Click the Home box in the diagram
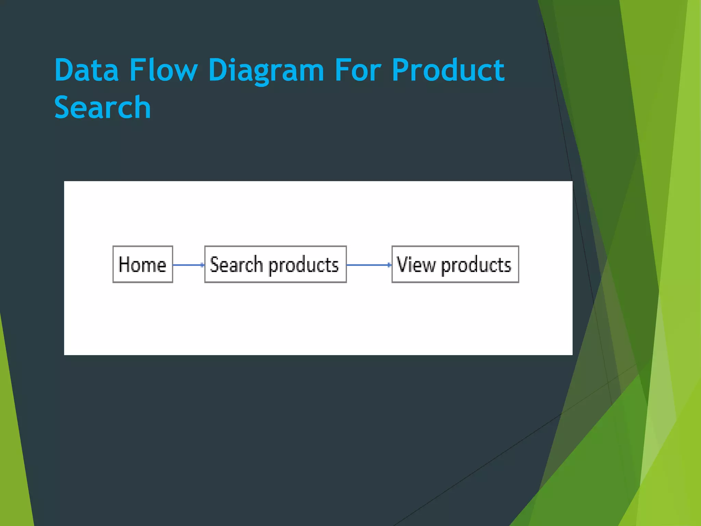click(x=143, y=264)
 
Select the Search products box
click(x=275, y=264)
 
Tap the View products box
click(x=455, y=264)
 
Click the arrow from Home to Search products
click(x=188, y=265)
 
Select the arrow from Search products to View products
click(x=368, y=265)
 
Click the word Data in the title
click(x=87, y=70)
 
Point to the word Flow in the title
click(x=163, y=70)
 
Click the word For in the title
click(x=357, y=70)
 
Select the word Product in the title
click(x=448, y=70)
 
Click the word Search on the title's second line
click(x=102, y=108)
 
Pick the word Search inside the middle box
click(x=236, y=264)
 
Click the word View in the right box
click(x=416, y=264)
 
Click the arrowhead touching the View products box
click(x=389, y=265)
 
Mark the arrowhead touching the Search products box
click(x=202, y=265)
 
